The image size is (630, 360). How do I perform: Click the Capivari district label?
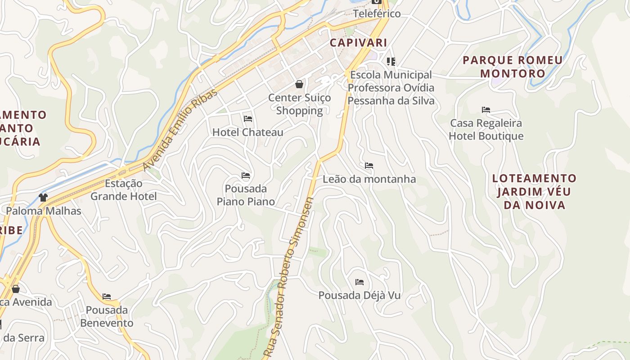pyautogui.click(x=358, y=43)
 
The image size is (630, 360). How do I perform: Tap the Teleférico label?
pyautogui.click(x=377, y=13)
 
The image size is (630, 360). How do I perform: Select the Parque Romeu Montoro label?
pyautogui.click(x=513, y=67)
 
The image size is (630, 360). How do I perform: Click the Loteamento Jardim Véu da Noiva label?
pyautogui.click(x=534, y=192)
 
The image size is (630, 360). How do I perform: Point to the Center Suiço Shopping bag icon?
pyautogui.click(x=299, y=84)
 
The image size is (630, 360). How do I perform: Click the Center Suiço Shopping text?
pyautogui.click(x=299, y=104)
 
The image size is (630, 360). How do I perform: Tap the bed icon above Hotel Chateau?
pyautogui.click(x=248, y=119)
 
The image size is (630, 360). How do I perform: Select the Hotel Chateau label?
pyautogui.click(x=248, y=132)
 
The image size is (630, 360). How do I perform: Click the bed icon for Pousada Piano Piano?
pyautogui.click(x=246, y=175)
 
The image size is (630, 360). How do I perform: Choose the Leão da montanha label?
pyautogui.click(x=369, y=179)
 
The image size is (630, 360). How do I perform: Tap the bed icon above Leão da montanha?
pyautogui.click(x=369, y=166)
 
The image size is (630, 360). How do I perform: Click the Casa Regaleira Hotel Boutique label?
pyautogui.click(x=486, y=130)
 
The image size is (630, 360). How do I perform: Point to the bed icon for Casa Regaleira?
pyautogui.click(x=486, y=109)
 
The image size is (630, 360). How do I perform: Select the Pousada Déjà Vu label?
pyautogui.click(x=360, y=296)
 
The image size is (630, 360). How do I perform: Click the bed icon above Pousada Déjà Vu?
pyautogui.click(x=360, y=282)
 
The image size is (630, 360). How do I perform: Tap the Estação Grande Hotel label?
pyautogui.click(x=124, y=190)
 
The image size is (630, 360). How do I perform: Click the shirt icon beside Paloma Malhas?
pyautogui.click(x=43, y=197)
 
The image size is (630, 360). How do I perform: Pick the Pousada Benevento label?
pyautogui.click(x=107, y=317)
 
